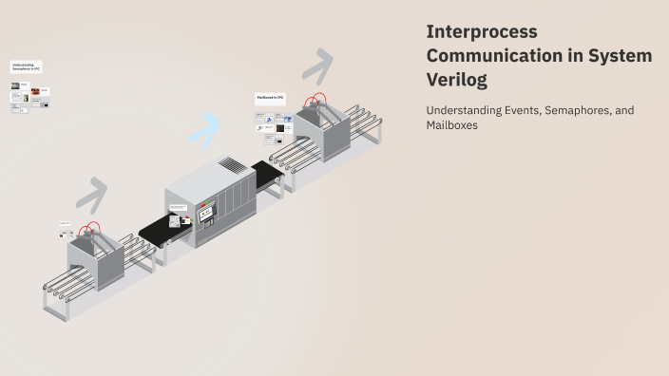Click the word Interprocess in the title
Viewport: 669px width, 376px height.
point(482,31)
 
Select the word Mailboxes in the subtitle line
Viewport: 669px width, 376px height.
point(451,125)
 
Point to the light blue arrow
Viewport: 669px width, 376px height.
point(206,128)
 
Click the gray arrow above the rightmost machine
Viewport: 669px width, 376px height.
point(318,66)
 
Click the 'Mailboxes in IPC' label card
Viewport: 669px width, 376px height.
point(271,98)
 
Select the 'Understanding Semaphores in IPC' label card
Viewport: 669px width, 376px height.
point(27,67)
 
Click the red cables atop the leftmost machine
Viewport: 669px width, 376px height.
point(90,230)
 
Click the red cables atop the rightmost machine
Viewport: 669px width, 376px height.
point(315,100)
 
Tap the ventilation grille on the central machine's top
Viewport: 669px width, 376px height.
point(232,165)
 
